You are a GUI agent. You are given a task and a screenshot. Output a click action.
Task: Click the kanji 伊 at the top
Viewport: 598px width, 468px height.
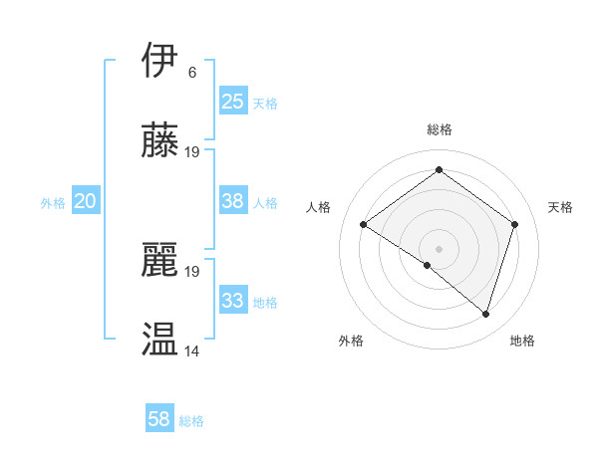click(x=160, y=61)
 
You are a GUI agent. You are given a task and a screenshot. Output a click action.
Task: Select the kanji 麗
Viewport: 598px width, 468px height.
click(x=160, y=260)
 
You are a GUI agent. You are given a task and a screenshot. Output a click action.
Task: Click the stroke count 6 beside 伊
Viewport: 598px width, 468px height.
click(x=191, y=73)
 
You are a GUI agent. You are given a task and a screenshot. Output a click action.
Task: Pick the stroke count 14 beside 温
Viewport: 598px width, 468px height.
click(x=192, y=351)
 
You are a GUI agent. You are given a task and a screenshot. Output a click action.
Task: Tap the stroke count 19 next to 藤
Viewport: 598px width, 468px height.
click(x=192, y=152)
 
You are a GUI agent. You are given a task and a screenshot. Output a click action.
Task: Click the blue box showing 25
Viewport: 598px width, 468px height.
click(x=232, y=102)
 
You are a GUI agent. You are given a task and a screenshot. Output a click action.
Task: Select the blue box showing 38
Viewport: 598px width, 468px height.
click(x=232, y=201)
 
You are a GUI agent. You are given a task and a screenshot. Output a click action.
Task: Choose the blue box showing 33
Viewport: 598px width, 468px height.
click(x=232, y=301)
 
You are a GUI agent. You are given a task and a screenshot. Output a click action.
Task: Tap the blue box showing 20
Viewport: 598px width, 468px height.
click(x=85, y=201)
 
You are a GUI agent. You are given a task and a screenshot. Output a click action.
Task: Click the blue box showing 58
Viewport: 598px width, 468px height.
click(x=158, y=419)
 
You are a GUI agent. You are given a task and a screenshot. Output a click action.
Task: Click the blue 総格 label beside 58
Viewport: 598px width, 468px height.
click(x=191, y=421)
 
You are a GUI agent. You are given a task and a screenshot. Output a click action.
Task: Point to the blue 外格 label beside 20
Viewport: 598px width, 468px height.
click(x=53, y=203)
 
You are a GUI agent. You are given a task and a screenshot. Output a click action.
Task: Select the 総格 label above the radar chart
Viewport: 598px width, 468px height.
click(x=440, y=129)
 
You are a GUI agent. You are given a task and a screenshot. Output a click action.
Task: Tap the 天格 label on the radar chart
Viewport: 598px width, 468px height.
click(x=560, y=207)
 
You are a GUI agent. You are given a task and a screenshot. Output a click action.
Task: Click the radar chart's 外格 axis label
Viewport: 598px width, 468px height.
click(x=351, y=341)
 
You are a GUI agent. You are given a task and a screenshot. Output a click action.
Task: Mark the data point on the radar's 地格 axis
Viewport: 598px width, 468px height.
click(x=485, y=314)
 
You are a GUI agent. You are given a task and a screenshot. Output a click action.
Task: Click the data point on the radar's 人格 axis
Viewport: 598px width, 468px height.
click(x=364, y=225)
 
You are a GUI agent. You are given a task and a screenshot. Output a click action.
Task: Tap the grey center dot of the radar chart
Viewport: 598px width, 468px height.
click(x=439, y=248)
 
